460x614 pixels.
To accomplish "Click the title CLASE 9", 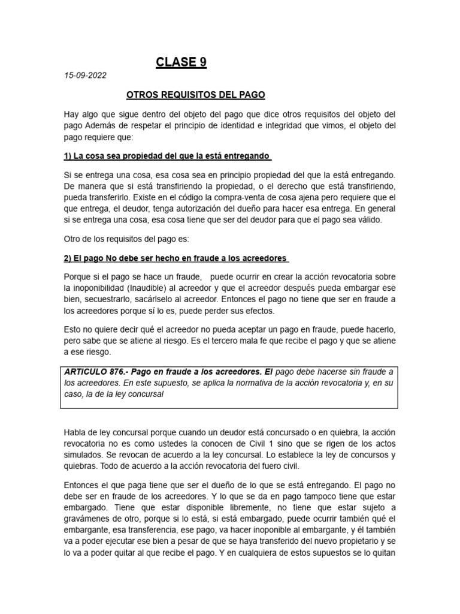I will click(x=181, y=62).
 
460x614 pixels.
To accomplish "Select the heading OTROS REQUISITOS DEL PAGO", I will click(x=196, y=95).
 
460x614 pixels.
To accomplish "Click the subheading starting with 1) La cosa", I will click(x=167, y=156).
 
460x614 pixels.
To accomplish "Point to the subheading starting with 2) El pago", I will click(x=175, y=258).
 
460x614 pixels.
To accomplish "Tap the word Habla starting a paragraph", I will click(x=75, y=432).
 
